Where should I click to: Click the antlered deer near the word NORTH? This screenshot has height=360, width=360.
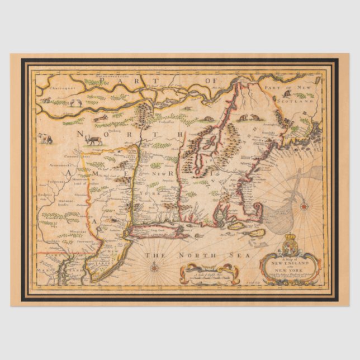(x=94, y=139)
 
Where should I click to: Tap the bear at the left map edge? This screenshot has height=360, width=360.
(x=45, y=138)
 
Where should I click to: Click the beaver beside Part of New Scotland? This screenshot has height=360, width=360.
(x=244, y=117)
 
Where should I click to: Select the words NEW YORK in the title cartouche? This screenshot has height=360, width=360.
(x=290, y=272)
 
